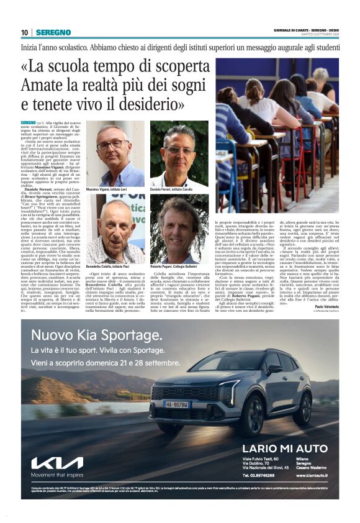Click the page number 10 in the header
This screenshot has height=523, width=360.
(x=24, y=32)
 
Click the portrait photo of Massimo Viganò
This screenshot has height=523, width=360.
(x=115, y=154)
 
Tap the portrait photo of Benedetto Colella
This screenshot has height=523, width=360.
(x=115, y=229)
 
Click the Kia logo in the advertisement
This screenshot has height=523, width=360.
(x=57, y=463)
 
